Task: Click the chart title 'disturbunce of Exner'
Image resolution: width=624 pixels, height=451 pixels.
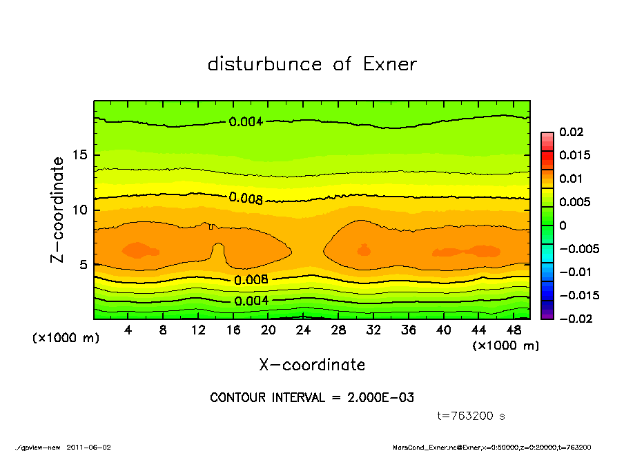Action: tap(312, 65)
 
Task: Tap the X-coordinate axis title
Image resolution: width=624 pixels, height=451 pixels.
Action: tap(312, 365)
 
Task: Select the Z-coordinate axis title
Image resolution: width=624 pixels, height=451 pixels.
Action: tap(58, 210)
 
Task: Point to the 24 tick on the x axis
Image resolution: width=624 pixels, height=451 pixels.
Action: tap(303, 330)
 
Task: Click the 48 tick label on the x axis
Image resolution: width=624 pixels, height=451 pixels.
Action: tap(514, 330)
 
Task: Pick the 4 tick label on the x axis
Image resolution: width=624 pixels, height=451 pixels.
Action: tap(128, 330)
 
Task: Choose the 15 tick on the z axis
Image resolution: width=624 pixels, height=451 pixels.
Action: tap(80, 155)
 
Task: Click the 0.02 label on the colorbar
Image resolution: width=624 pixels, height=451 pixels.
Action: tap(571, 132)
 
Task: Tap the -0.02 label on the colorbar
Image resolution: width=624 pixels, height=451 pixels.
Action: tap(574, 319)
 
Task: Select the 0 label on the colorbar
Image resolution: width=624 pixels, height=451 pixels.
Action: tap(563, 226)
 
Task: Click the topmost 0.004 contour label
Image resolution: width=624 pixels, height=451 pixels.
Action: tap(246, 122)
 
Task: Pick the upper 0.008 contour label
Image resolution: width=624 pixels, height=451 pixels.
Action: tap(246, 199)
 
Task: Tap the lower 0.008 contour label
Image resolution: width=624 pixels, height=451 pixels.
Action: tap(251, 280)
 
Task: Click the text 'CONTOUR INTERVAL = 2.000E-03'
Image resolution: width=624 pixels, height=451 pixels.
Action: tap(312, 398)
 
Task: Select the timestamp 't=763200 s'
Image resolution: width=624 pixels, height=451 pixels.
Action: tap(471, 416)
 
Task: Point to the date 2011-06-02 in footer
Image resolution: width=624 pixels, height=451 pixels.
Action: tap(88, 447)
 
